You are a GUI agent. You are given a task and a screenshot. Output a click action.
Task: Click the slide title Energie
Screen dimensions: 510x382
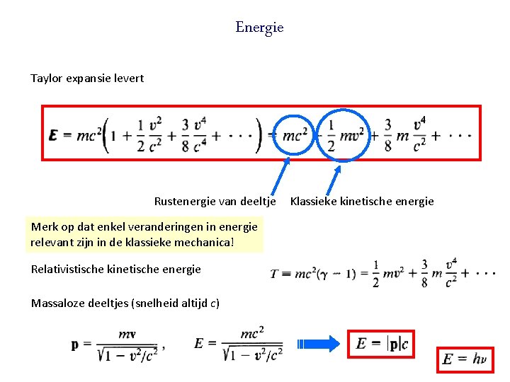(259, 28)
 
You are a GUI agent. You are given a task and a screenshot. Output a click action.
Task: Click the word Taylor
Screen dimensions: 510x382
(47, 78)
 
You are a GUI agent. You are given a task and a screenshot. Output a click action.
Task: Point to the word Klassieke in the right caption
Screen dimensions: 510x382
(313, 202)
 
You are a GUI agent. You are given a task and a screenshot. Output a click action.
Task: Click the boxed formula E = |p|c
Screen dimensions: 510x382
(382, 344)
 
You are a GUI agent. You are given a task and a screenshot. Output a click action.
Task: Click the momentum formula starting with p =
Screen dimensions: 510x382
(118, 345)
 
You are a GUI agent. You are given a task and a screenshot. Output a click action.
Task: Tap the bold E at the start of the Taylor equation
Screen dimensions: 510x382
(54, 135)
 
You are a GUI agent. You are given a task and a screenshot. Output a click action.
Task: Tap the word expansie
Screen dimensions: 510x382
(88, 78)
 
